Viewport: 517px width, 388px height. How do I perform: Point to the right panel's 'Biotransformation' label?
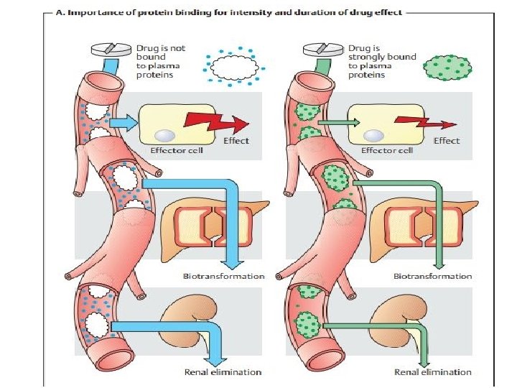432,276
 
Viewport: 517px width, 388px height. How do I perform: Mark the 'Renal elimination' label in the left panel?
223,372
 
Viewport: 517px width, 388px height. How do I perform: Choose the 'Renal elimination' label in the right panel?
433,372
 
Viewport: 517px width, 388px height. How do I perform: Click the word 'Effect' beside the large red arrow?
236,141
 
